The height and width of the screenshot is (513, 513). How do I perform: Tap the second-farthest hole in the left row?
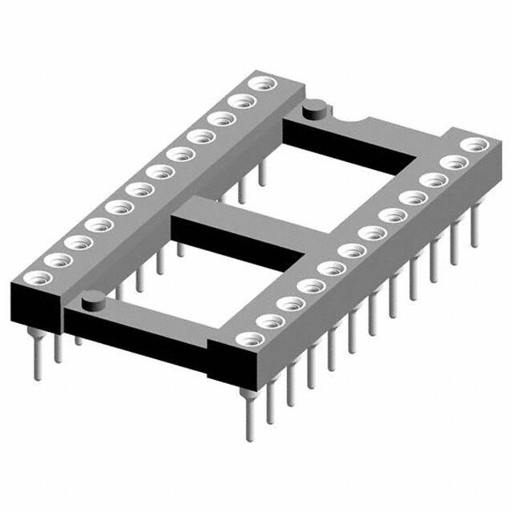239,100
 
